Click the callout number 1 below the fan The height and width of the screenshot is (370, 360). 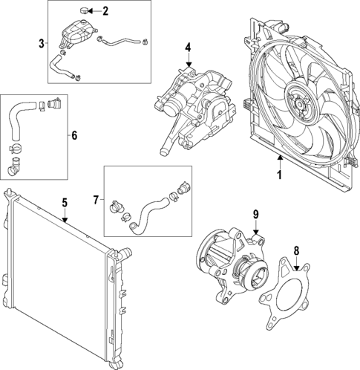tap(280, 175)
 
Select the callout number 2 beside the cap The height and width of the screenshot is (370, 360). tap(105, 11)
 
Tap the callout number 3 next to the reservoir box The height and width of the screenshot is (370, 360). tap(41, 44)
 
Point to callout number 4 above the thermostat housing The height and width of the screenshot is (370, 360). tap(189, 48)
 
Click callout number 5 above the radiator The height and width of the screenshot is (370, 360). tap(65, 201)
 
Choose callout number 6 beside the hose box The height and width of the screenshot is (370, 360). tap(73, 135)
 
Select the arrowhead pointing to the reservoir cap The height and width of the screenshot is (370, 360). tap(94, 11)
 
